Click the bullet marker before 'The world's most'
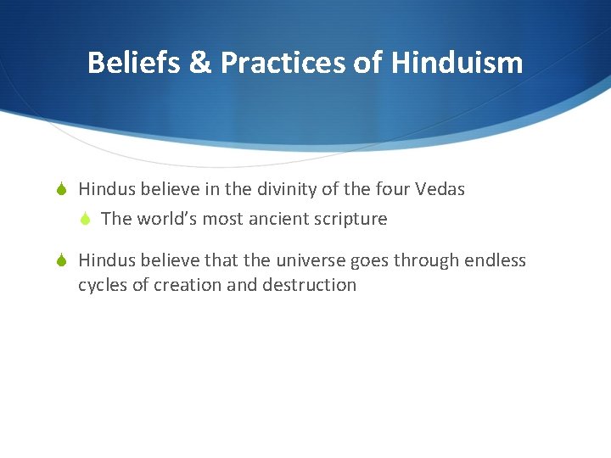click(85, 219)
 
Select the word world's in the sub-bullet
click(170, 219)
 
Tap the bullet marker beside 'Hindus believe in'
click(63, 189)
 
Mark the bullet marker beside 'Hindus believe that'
click(63, 260)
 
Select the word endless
click(496, 260)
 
